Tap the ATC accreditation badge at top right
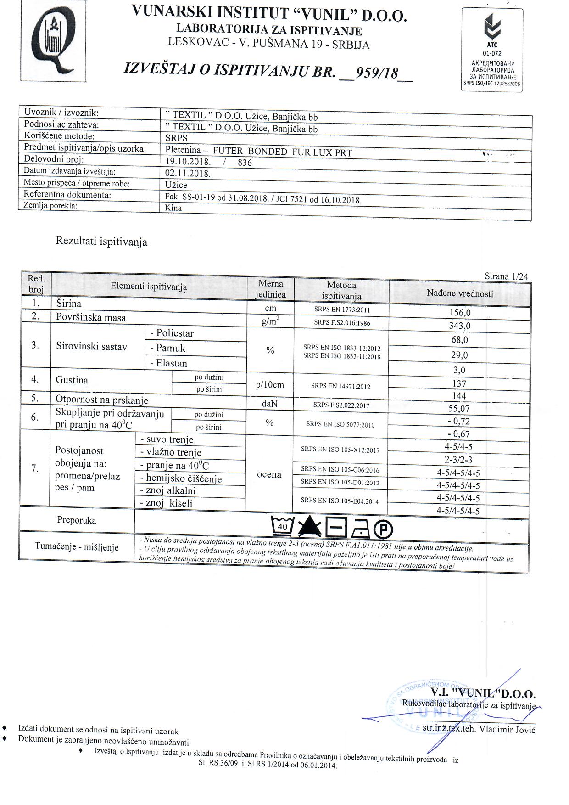click(x=492, y=50)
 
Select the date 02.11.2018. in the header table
click(x=188, y=174)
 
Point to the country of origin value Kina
click(x=173, y=208)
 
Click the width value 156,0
click(x=460, y=313)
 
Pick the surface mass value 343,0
click(x=460, y=326)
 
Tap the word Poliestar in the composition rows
click(x=174, y=333)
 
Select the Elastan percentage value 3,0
click(x=459, y=370)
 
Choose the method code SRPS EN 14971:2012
click(x=340, y=386)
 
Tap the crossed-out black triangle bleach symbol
click(x=310, y=528)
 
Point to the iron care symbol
click(x=361, y=529)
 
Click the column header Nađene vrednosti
click(x=460, y=293)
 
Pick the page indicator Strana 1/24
click(x=506, y=276)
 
